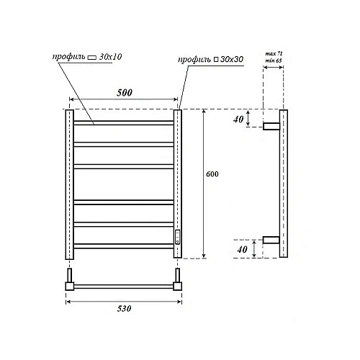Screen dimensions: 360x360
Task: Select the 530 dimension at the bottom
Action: tap(125, 309)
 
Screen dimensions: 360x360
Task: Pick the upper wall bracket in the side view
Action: tap(271, 127)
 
